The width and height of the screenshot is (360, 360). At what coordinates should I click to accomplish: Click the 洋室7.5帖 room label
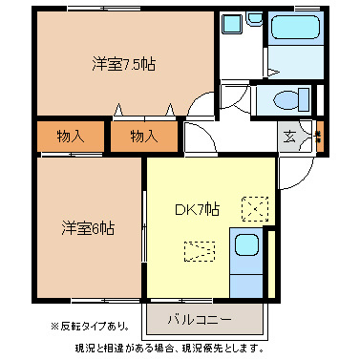[124, 65]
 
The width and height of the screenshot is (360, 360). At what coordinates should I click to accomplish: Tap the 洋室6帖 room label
[89, 228]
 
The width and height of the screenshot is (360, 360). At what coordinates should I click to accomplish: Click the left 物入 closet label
[69, 137]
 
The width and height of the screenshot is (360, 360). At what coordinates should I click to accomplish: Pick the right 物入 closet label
[143, 137]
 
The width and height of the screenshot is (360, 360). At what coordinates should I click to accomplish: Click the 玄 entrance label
[289, 136]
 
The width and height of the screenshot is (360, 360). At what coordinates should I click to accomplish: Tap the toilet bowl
[287, 99]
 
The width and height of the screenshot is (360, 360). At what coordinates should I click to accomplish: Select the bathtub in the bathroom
[294, 32]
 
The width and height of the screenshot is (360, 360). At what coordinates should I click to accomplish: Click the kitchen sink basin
[246, 246]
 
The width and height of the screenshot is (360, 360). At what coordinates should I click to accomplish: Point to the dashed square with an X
[255, 206]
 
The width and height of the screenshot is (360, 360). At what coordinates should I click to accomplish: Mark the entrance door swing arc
[298, 172]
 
